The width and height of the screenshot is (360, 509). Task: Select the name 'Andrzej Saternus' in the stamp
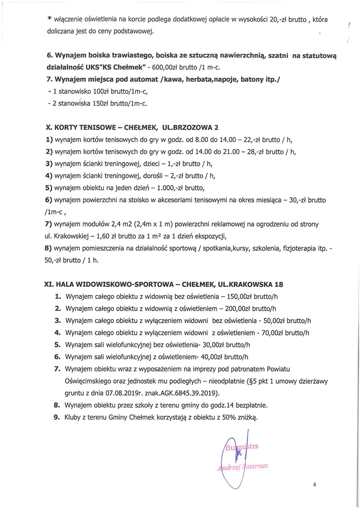[243, 466]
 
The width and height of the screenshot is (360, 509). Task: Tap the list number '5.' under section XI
[57, 345]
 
